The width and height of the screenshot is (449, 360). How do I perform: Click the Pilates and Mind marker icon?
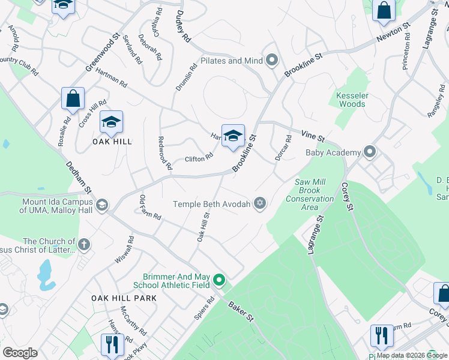pyautogui.click(x=273, y=60)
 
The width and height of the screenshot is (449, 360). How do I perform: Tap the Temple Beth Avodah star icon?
pyautogui.click(x=260, y=203)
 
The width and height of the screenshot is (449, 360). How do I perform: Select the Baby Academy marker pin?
pyautogui.click(x=370, y=152)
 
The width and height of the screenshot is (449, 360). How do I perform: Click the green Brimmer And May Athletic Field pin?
pyautogui.click(x=219, y=280)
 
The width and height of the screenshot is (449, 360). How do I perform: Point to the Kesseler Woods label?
pyautogui.click(x=351, y=100)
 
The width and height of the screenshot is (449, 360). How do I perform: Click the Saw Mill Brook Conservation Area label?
pyautogui.click(x=310, y=194)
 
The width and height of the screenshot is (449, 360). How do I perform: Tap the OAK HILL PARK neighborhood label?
pyautogui.click(x=124, y=298)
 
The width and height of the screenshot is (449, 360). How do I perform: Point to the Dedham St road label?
pyautogui.click(x=79, y=176)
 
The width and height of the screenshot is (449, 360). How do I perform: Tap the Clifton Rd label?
pyautogui.click(x=199, y=158)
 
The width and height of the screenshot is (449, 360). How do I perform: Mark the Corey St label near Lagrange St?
pyautogui.click(x=346, y=196)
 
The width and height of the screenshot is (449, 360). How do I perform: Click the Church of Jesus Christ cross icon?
pyautogui.click(x=84, y=244)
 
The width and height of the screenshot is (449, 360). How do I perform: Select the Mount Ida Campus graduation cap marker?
pyautogui.click(x=101, y=206)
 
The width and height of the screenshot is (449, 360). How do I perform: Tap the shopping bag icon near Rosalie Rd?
pyautogui.click(x=73, y=100)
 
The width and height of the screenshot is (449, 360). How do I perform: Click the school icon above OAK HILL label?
pyautogui.click(x=111, y=122)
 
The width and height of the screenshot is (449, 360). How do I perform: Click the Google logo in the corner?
pyautogui.click(x=20, y=353)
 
